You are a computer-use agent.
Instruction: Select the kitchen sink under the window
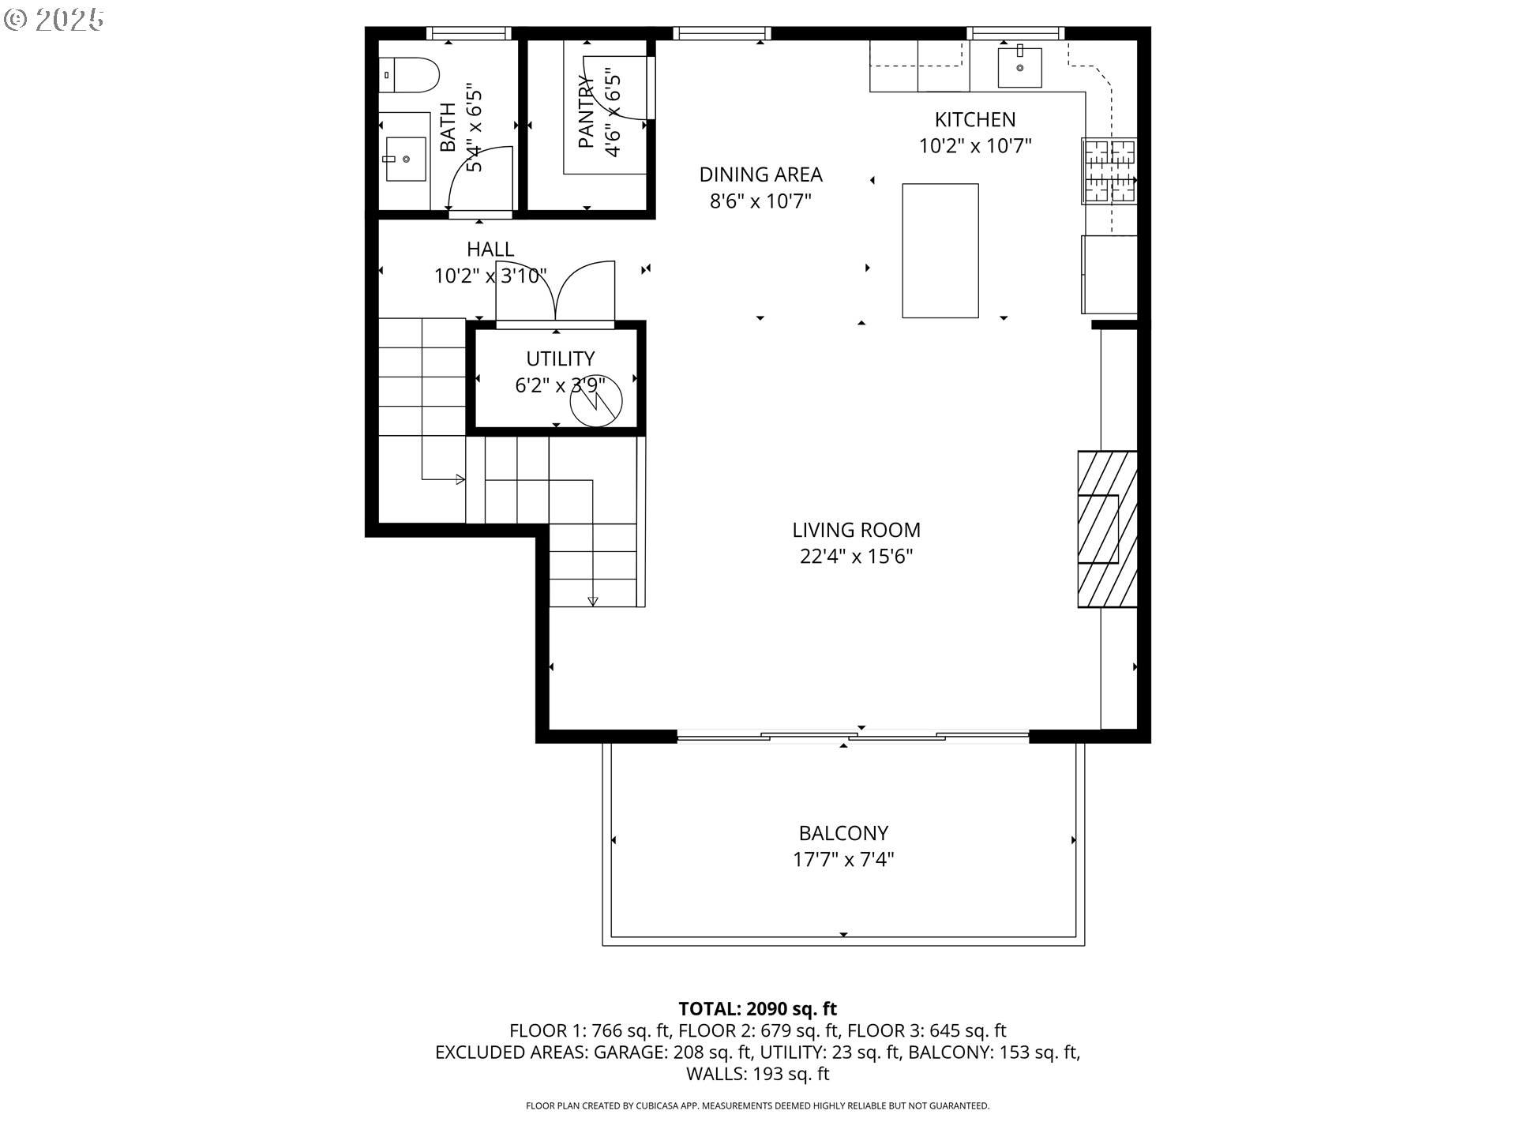pyautogui.click(x=1019, y=67)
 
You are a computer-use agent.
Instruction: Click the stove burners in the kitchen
pyautogui.click(x=1109, y=170)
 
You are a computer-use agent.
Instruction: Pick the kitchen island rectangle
pyautogui.click(x=940, y=250)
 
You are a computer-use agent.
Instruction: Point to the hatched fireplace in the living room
pyautogui.click(x=1107, y=528)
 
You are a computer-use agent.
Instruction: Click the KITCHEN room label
pyautogui.click(x=974, y=119)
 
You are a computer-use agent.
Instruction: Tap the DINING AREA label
pyautogui.click(x=760, y=174)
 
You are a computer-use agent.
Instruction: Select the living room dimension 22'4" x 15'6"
pyautogui.click(x=856, y=557)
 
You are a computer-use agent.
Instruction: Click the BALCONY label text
pyautogui.click(x=843, y=833)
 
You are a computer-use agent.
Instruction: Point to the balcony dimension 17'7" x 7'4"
pyautogui.click(x=843, y=859)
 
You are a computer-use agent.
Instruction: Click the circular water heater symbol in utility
pyautogui.click(x=596, y=400)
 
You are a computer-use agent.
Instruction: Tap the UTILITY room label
pyautogui.click(x=560, y=358)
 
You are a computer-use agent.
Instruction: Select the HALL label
pyautogui.click(x=490, y=249)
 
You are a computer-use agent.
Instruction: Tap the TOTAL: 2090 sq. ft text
pyautogui.click(x=757, y=1008)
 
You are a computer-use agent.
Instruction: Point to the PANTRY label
pyautogui.click(x=585, y=111)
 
